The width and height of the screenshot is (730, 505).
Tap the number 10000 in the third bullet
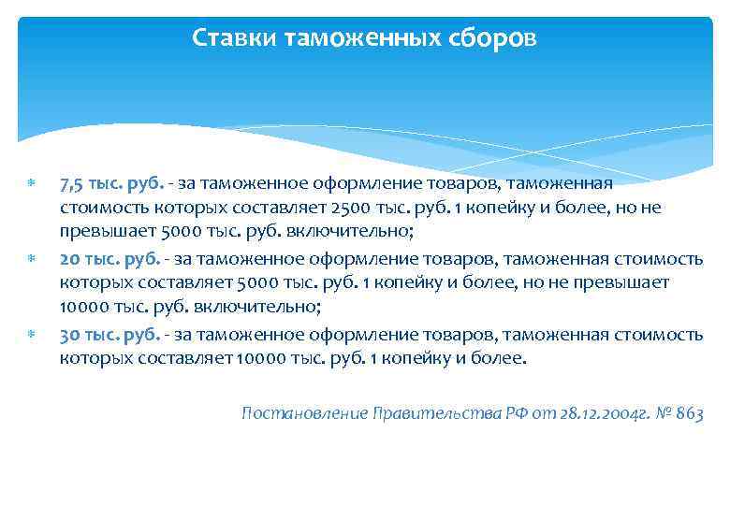coord(263,360)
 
